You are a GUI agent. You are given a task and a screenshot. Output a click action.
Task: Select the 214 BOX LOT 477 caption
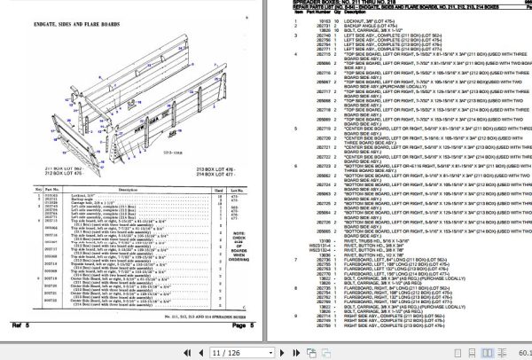[x=195, y=174]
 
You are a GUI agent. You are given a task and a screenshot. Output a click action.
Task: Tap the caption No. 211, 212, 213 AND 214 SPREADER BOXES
[x=194, y=315]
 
